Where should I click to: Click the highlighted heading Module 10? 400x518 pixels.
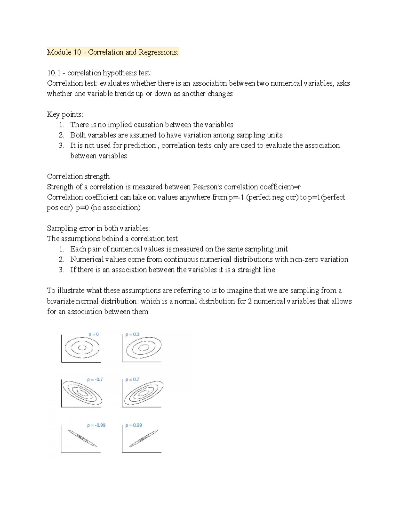[x=113, y=52]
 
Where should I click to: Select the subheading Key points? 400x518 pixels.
[x=65, y=114]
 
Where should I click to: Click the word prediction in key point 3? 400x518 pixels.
[x=139, y=145]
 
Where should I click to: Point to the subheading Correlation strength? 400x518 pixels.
[x=78, y=176]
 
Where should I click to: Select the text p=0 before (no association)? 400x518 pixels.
[x=82, y=207]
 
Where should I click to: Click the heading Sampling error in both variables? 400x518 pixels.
[x=99, y=228]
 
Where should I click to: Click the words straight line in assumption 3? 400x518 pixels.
[x=256, y=270]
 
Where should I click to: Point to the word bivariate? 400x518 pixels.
[x=61, y=301]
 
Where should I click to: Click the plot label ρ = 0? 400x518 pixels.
[x=93, y=334]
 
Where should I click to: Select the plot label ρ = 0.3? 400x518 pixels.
[x=132, y=334]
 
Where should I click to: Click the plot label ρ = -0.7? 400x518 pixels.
[x=95, y=379]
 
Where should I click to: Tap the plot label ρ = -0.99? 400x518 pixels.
[x=96, y=425]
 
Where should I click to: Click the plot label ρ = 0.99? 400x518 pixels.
[x=133, y=425]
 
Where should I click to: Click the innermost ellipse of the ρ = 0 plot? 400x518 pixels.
[x=82, y=348]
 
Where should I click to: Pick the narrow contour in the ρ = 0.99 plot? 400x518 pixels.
[x=143, y=439]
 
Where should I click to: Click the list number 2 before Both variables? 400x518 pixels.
[x=61, y=135]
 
